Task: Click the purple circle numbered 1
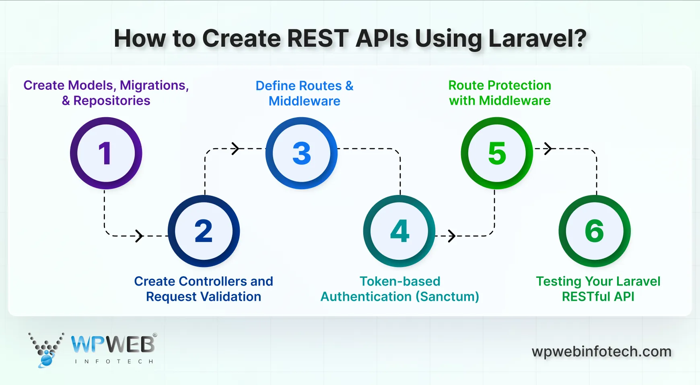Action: click(x=106, y=153)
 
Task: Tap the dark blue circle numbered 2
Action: click(x=204, y=231)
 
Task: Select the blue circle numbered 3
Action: click(x=301, y=153)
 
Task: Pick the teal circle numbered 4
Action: click(x=399, y=231)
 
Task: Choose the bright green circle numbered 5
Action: click(x=497, y=153)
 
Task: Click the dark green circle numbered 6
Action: click(x=594, y=231)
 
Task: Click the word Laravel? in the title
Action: click(x=537, y=39)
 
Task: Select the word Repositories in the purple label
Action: click(x=111, y=101)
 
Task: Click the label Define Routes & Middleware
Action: click(x=305, y=93)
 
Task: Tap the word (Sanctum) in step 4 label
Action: click(x=447, y=297)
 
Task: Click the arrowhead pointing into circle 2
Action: click(x=139, y=236)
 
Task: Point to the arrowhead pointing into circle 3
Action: click(x=235, y=149)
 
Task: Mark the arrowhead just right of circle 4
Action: click(x=452, y=236)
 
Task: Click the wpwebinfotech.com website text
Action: click(x=601, y=352)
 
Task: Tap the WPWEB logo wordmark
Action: click(x=113, y=345)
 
